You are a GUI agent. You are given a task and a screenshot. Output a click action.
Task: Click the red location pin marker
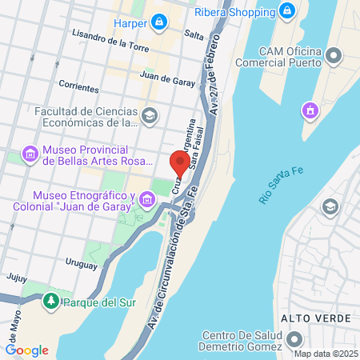tap(180, 163)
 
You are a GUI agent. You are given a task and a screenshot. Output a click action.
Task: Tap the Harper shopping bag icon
tap(160, 22)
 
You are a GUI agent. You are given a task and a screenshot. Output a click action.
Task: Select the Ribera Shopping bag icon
tap(286, 12)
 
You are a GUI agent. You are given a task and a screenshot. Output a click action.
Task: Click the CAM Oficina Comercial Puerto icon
tap(334, 55)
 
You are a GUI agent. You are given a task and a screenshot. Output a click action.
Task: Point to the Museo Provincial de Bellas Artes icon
tap(30, 153)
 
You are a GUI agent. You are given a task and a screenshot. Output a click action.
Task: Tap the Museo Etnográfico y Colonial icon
tap(146, 198)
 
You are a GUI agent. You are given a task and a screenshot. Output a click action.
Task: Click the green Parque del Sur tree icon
tap(51, 302)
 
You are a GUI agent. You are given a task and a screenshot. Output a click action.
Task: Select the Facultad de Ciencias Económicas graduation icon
tap(149, 117)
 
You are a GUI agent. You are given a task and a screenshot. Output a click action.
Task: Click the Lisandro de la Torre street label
tap(110, 37)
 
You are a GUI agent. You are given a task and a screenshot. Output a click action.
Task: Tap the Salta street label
tap(194, 35)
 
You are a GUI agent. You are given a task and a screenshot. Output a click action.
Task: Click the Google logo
tap(27, 350)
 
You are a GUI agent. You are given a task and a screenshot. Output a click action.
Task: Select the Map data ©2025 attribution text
tap(325, 354)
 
